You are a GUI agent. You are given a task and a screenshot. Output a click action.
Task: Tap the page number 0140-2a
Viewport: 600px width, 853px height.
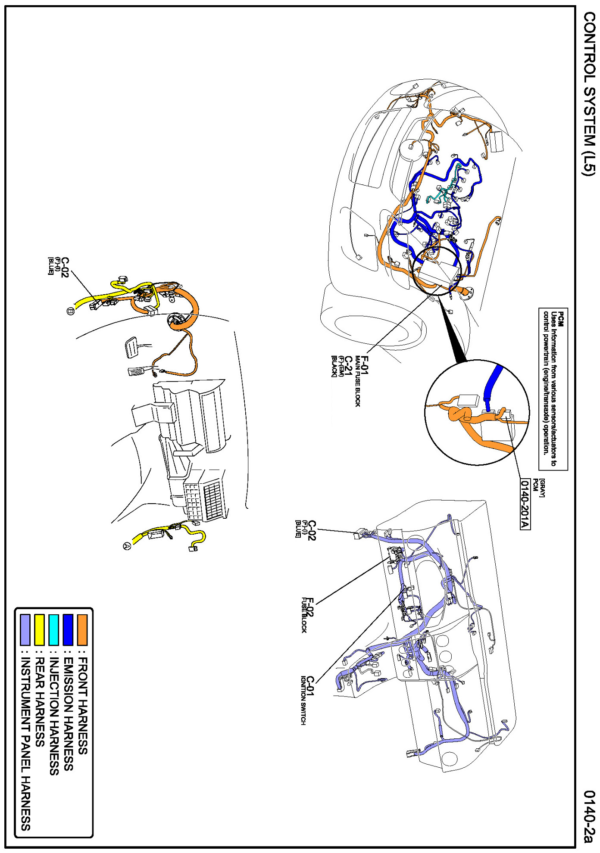589,816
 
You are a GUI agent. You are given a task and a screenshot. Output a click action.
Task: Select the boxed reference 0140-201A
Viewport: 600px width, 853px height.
525,504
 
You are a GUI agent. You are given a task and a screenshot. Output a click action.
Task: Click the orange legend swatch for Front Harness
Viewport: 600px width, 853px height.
82,629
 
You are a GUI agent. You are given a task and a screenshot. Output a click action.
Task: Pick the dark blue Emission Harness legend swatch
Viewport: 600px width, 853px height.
68,629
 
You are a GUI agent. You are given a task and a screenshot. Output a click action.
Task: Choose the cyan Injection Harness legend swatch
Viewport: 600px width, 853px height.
54,629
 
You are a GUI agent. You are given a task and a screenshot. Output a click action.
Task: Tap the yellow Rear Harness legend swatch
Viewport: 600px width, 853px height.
40,629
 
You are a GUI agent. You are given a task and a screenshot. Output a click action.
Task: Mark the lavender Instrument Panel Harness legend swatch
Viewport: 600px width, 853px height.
25,629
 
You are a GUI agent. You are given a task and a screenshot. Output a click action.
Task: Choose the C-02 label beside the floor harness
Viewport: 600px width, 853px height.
65,267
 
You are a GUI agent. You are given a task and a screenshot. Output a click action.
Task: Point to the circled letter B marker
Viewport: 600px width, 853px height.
71,311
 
